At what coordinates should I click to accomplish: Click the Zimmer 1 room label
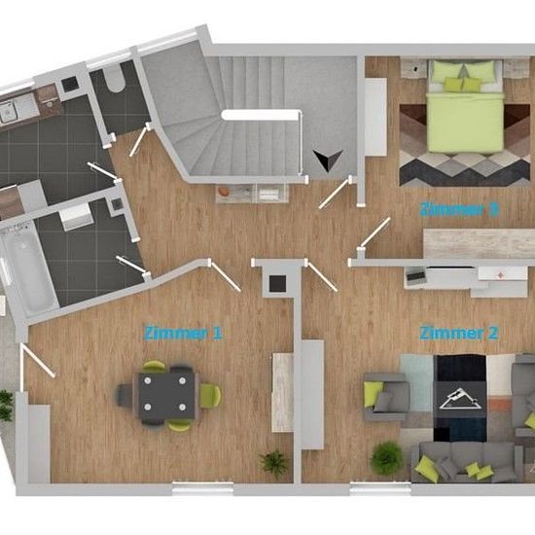pos(184,333)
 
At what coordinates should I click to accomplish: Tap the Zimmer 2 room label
pos(459,333)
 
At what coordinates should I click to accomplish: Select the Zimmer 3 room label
pos(459,209)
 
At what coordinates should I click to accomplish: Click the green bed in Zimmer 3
pos(466,106)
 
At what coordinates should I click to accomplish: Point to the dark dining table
pos(166,395)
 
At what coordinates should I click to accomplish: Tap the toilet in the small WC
pos(115,78)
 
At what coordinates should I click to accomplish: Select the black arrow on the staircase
pos(328,160)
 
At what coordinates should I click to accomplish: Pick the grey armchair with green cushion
pos(386,397)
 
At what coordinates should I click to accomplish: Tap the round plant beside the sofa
pos(386,458)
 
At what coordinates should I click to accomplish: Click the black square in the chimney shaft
pos(277,283)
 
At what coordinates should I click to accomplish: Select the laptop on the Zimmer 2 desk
pos(416,277)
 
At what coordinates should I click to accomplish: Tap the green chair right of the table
pos(210,395)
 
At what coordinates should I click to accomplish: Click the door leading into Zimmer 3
pos(374,232)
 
